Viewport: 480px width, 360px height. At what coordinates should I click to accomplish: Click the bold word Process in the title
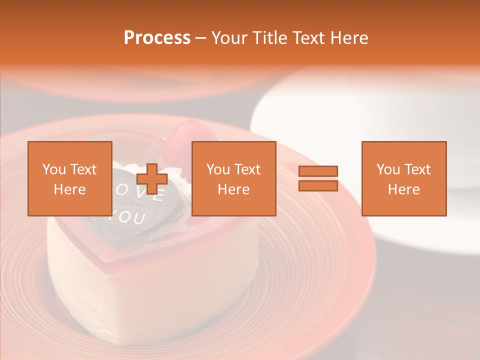(x=157, y=38)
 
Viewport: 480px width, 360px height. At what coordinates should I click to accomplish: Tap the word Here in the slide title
(x=350, y=38)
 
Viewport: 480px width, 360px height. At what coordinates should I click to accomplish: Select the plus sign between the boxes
(x=152, y=179)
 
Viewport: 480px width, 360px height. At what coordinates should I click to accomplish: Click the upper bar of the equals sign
(x=318, y=171)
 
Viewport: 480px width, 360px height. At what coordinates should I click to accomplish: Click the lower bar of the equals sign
(x=318, y=186)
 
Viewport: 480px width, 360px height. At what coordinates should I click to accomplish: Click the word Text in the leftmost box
(x=83, y=169)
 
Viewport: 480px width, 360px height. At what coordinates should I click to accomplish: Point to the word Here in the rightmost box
(x=403, y=189)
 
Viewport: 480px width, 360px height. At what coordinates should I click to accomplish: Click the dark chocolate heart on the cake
(x=150, y=220)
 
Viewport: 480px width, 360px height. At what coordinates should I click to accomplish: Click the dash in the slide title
(x=201, y=38)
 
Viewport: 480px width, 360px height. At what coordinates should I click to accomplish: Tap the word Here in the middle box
(x=233, y=189)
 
